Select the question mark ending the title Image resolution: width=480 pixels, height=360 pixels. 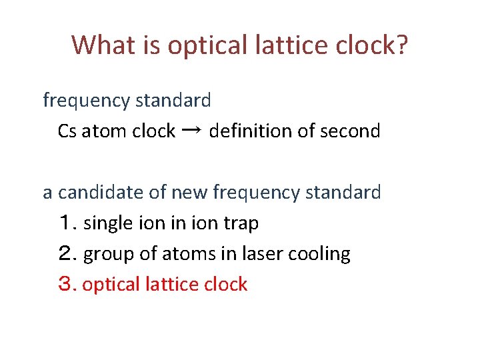[x=403, y=45]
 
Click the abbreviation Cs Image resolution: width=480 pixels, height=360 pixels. [x=67, y=131]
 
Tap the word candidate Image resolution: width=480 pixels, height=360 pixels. [x=101, y=193]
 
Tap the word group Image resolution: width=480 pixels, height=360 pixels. [x=105, y=255]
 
